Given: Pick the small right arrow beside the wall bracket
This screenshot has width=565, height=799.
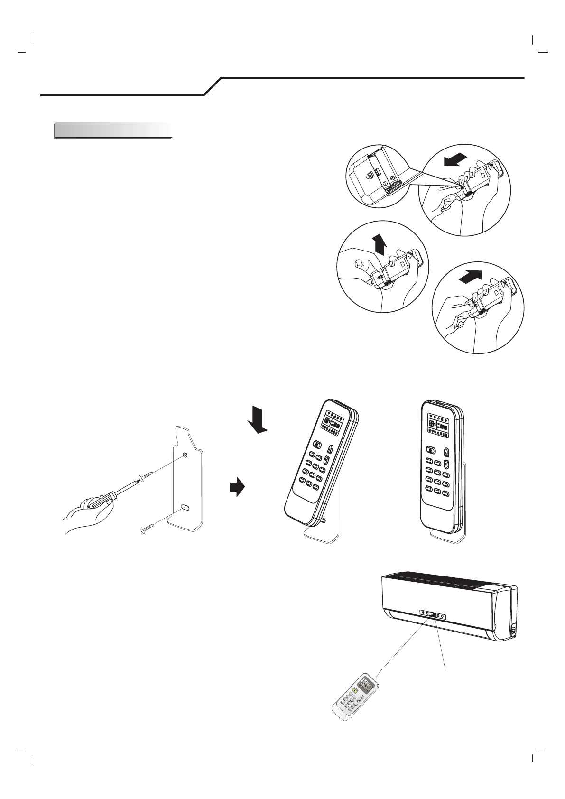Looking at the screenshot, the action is (237, 487).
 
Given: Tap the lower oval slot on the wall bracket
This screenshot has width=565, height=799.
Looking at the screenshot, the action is (185, 508).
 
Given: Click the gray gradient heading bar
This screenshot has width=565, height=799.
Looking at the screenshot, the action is (112, 130).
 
